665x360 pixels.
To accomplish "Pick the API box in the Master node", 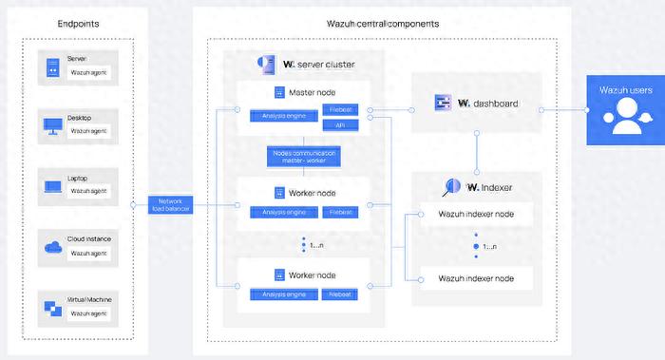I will [x=339, y=125].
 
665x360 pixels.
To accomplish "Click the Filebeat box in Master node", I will [x=340, y=110].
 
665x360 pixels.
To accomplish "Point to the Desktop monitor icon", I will [x=52, y=124].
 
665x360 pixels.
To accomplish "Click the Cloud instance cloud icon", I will [x=52, y=247].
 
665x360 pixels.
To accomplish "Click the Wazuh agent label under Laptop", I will [x=88, y=191].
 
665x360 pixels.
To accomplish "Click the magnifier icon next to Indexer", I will [x=452, y=187].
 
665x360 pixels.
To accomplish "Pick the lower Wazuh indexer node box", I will [x=476, y=278].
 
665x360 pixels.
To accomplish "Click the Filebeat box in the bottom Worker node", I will [x=341, y=295].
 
